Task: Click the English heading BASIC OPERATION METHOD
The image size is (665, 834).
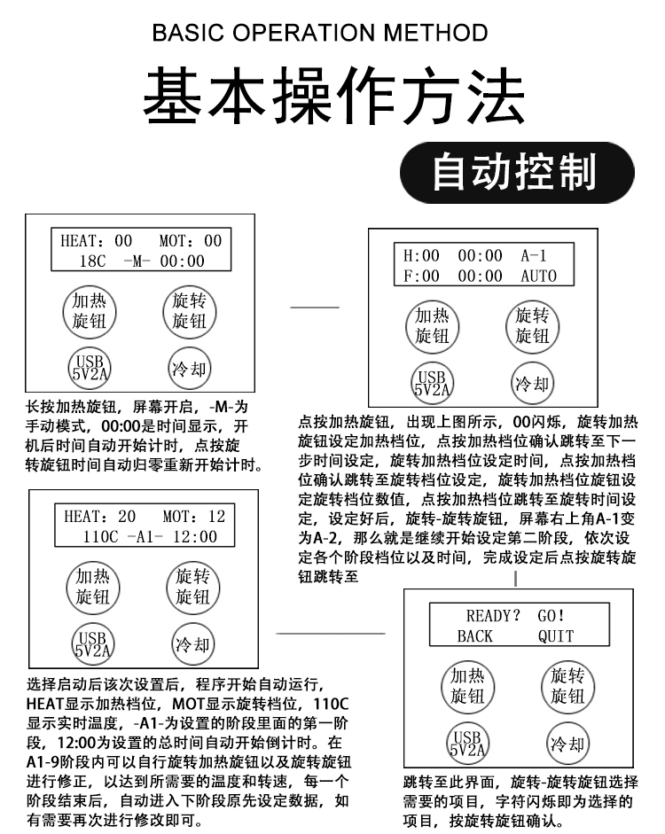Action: [320, 34]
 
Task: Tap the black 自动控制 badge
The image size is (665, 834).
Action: [517, 172]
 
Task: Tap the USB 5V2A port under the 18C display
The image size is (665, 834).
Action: [89, 366]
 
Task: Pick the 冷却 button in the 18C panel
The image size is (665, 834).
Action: [188, 366]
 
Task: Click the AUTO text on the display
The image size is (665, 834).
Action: [538, 276]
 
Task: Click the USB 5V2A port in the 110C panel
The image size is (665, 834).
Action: [92, 643]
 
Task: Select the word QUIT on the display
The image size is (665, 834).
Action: [556, 635]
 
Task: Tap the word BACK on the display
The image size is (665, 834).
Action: [475, 635]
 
